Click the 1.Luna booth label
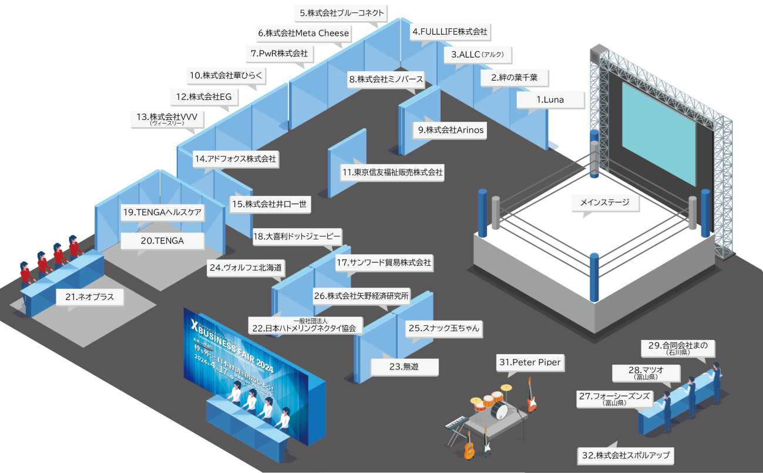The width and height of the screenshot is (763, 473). [x=550, y=100]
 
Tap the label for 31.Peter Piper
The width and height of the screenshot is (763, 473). [x=531, y=363]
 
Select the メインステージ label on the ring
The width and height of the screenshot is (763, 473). [x=604, y=203]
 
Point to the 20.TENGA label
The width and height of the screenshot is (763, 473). [x=162, y=241]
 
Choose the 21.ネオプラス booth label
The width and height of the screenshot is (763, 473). [x=90, y=298]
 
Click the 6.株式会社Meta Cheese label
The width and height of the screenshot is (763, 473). [x=303, y=34]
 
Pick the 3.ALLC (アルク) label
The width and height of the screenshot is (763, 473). [x=478, y=55]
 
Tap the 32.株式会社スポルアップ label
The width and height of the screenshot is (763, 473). [x=625, y=455]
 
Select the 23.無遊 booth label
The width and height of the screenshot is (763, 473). [x=405, y=367]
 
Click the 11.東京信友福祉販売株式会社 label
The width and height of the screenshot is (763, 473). [x=392, y=173]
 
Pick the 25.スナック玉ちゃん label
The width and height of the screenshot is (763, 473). [x=444, y=329]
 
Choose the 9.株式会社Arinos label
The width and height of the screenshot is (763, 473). [x=451, y=130]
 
